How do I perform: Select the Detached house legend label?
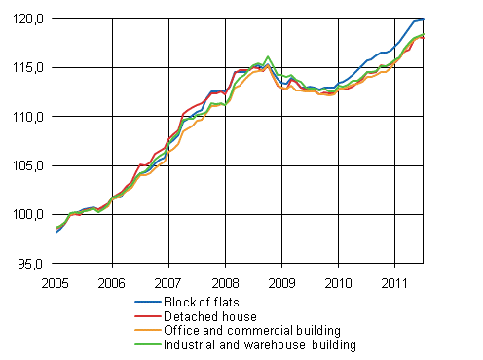click(x=212, y=316)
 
